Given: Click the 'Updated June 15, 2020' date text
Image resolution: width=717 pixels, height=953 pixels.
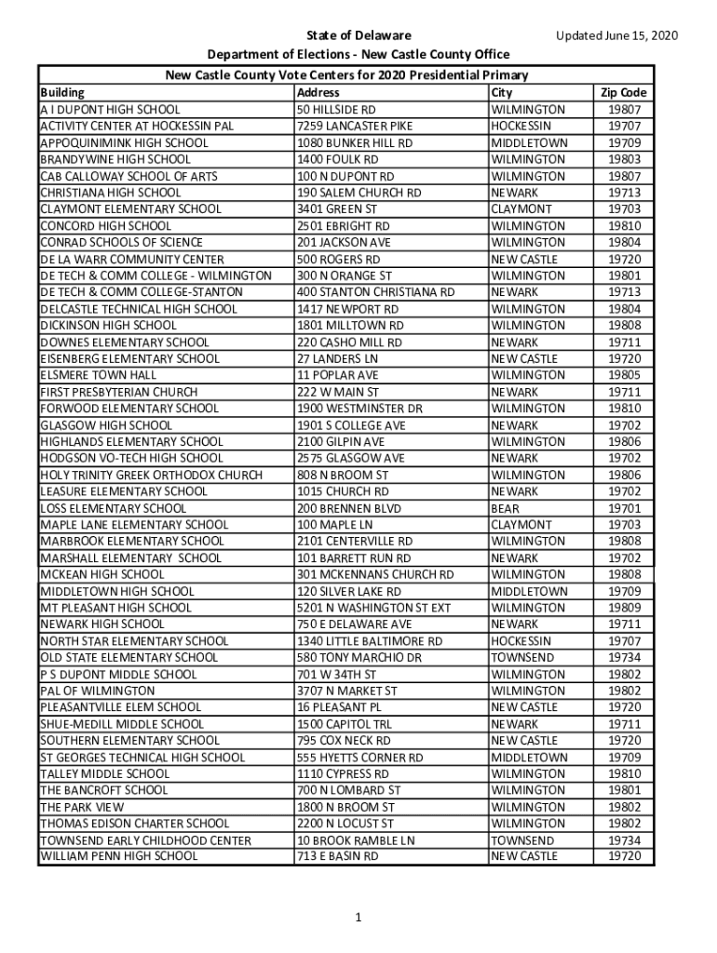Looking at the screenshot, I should pos(616,36).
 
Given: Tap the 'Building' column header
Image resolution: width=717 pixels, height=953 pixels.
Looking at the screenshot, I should pos(62,93).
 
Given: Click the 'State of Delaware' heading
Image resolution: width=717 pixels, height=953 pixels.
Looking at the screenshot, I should pos(359,36).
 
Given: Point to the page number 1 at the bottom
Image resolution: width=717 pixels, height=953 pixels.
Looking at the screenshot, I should pos(358,918).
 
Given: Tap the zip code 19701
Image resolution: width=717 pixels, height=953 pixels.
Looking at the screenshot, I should pos(624,508).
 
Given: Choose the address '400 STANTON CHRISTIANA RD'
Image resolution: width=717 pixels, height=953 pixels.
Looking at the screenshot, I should pos(375,292).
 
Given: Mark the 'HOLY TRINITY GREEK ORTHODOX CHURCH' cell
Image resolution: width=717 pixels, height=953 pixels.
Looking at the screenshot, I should pos(151,475).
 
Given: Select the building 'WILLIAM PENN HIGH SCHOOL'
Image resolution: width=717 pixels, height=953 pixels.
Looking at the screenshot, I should pos(118,856).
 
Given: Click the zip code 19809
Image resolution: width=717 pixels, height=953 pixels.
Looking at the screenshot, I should pos(624,608).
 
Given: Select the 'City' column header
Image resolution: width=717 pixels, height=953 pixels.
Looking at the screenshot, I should pos(501,93).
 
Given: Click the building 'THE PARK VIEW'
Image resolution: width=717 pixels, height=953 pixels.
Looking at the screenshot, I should pos(82,807).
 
